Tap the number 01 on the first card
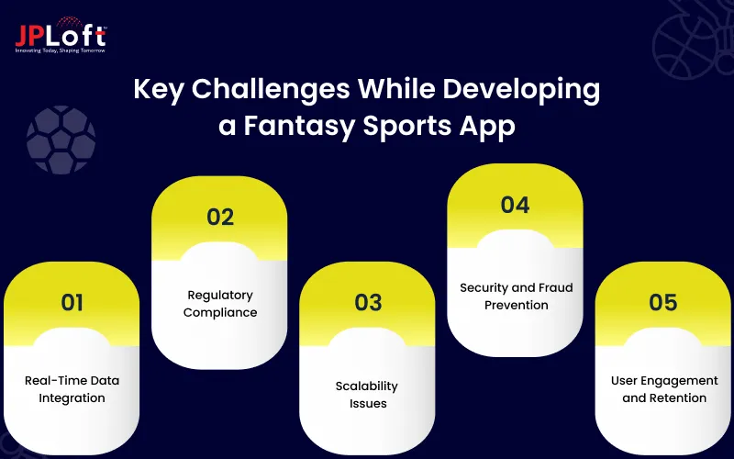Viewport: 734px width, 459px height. (x=72, y=302)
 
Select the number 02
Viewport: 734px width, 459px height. (x=220, y=217)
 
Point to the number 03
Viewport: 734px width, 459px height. (x=368, y=302)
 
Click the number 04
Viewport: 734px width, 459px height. (x=515, y=205)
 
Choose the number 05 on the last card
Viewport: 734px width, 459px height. (x=663, y=302)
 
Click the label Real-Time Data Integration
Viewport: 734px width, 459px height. (x=72, y=389)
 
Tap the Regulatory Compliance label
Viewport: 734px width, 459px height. (x=220, y=304)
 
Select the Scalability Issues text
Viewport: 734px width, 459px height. (x=368, y=395)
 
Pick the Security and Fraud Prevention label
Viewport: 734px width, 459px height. (x=516, y=296)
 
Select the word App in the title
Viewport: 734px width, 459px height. (x=486, y=126)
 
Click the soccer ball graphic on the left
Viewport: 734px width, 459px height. (x=61, y=140)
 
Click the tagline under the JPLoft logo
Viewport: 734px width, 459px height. (x=61, y=50)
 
